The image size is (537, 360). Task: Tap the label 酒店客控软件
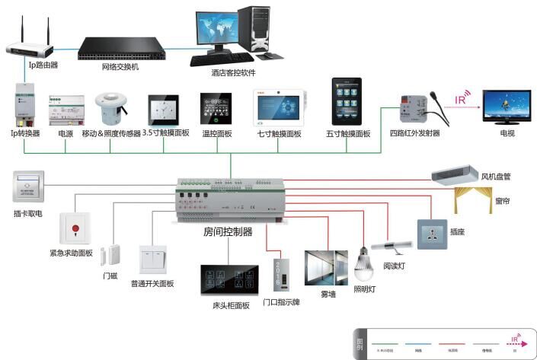(x=233, y=73)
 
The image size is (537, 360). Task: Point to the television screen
(x=506, y=107)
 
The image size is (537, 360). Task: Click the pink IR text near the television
(x=461, y=98)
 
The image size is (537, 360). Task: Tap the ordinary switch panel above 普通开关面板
(x=152, y=260)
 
